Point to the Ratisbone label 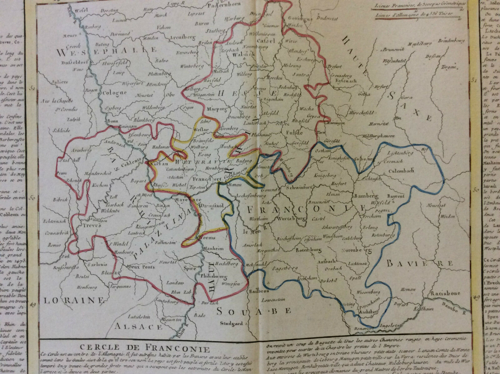click(445, 293)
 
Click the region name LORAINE click(73, 300)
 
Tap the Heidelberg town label click(227, 264)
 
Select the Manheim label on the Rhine click(214, 248)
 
